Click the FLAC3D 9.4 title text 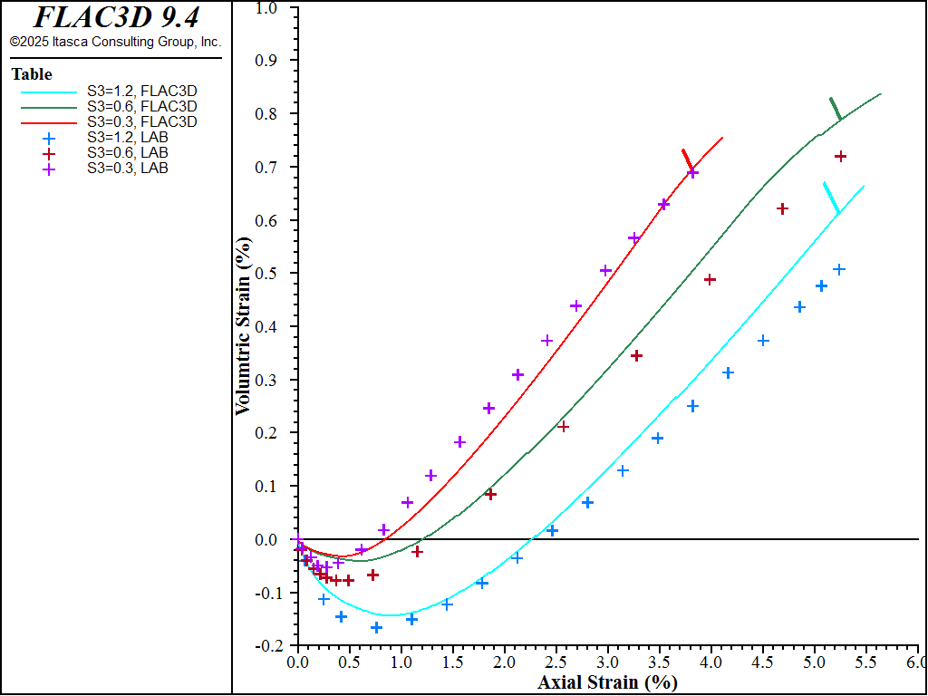tap(115, 17)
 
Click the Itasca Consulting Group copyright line tap(115, 42)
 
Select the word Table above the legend tap(32, 74)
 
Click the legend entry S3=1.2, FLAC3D tap(141, 91)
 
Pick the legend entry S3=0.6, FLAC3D tap(141, 106)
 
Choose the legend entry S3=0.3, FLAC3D tap(141, 121)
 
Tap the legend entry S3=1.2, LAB tap(127, 137)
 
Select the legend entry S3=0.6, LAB tap(127, 152)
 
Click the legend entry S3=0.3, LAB tap(127, 168)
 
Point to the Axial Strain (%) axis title tap(607, 682)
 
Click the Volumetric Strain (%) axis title tap(243, 327)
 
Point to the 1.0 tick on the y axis tap(267, 7)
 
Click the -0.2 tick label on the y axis tap(265, 646)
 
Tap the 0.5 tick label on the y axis tap(267, 274)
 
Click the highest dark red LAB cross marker tap(840, 157)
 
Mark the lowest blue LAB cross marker tap(376, 627)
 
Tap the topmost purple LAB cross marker tap(692, 172)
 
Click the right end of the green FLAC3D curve tap(880, 93)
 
